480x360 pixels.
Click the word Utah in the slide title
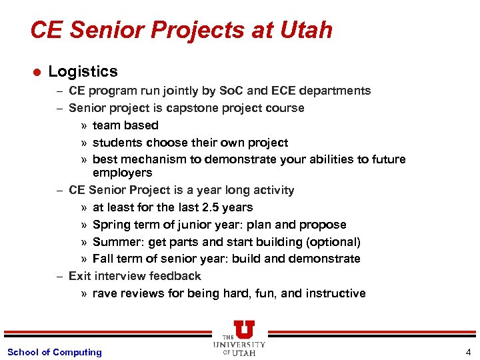coord(306,30)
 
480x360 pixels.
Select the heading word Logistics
coord(83,71)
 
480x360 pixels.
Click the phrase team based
coord(125,125)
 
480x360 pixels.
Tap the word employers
coord(122,173)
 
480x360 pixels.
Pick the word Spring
coord(110,225)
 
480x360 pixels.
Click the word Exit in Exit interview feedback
coord(80,276)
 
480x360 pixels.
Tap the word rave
coord(105,293)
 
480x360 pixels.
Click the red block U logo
coord(244,329)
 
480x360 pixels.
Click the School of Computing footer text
coord(55,352)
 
